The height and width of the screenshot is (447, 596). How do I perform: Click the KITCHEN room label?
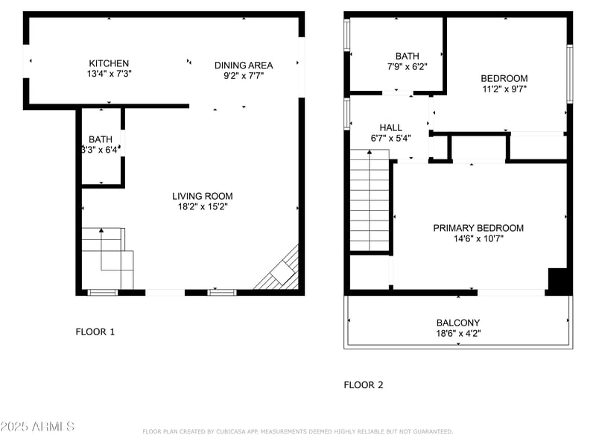[x=109, y=63]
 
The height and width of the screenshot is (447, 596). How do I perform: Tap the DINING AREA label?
[x=244, y=65]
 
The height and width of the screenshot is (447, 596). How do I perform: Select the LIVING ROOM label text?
[x=203, y=196]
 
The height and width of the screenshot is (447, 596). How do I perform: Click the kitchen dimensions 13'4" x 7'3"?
[x=109, y=74]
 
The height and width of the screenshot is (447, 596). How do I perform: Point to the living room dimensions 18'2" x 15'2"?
[x=203, y=206]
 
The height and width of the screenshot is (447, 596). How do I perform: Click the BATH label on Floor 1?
[x=101, y=139]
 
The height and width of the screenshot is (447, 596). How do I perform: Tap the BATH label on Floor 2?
[x=408, y=56]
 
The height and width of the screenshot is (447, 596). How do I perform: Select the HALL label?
[x=390, y=127]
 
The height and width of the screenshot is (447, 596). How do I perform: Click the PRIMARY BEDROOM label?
[x=478, y=228]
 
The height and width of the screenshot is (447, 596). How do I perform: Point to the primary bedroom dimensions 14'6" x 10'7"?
[x=478, y=238]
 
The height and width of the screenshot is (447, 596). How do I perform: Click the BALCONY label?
[x=458, y=323]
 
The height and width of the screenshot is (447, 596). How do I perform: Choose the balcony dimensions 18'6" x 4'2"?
[x=458, y=333]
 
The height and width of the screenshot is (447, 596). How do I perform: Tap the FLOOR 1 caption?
[x=95, y=332]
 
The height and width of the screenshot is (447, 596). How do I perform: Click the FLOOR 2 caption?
[x=363, y=385]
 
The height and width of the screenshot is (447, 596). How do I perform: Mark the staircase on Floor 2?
[x=370, y=201]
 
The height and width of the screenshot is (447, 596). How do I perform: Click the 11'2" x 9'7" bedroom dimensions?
[x=504, y=89]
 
